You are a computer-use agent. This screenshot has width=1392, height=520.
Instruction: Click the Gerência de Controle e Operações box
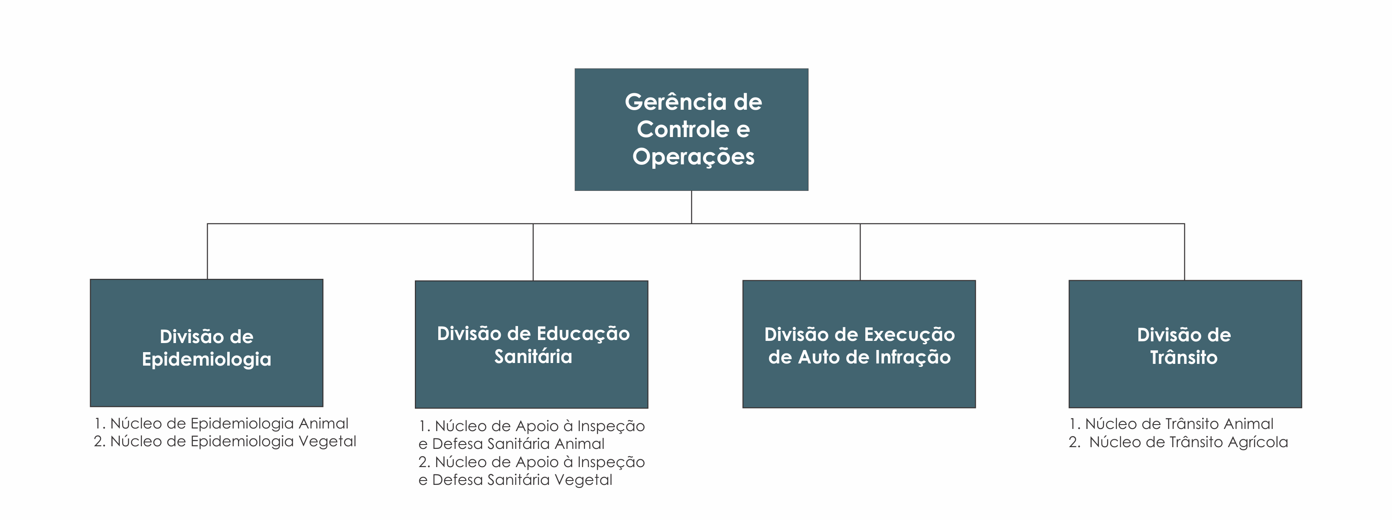coord(691,129)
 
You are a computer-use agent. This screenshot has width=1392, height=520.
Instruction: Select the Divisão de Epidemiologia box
coord(206,343)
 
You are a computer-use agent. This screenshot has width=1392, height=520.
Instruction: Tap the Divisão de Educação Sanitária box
coord(531,344)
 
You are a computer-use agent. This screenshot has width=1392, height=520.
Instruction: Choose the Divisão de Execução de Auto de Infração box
coord(859,344)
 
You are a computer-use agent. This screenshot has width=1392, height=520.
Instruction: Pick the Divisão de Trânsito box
coord(1185,344)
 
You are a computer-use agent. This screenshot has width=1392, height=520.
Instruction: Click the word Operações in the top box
coord(693,157)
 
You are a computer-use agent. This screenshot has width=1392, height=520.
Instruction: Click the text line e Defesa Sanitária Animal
coord(511,444)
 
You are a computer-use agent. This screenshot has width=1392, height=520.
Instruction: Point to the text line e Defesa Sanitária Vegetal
coord(515,480)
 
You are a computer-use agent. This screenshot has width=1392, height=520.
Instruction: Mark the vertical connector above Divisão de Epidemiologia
coord(208,252)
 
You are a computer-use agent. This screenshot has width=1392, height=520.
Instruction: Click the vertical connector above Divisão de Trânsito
coord(1184,252)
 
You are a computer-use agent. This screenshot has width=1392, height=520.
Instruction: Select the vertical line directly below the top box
coord(692,207)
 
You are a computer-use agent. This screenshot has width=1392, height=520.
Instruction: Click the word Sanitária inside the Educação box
coord(533,356)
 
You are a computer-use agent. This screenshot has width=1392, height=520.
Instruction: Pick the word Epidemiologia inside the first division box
coord(206,360)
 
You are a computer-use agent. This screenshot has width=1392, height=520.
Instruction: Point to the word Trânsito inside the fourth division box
coord(1183,357)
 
